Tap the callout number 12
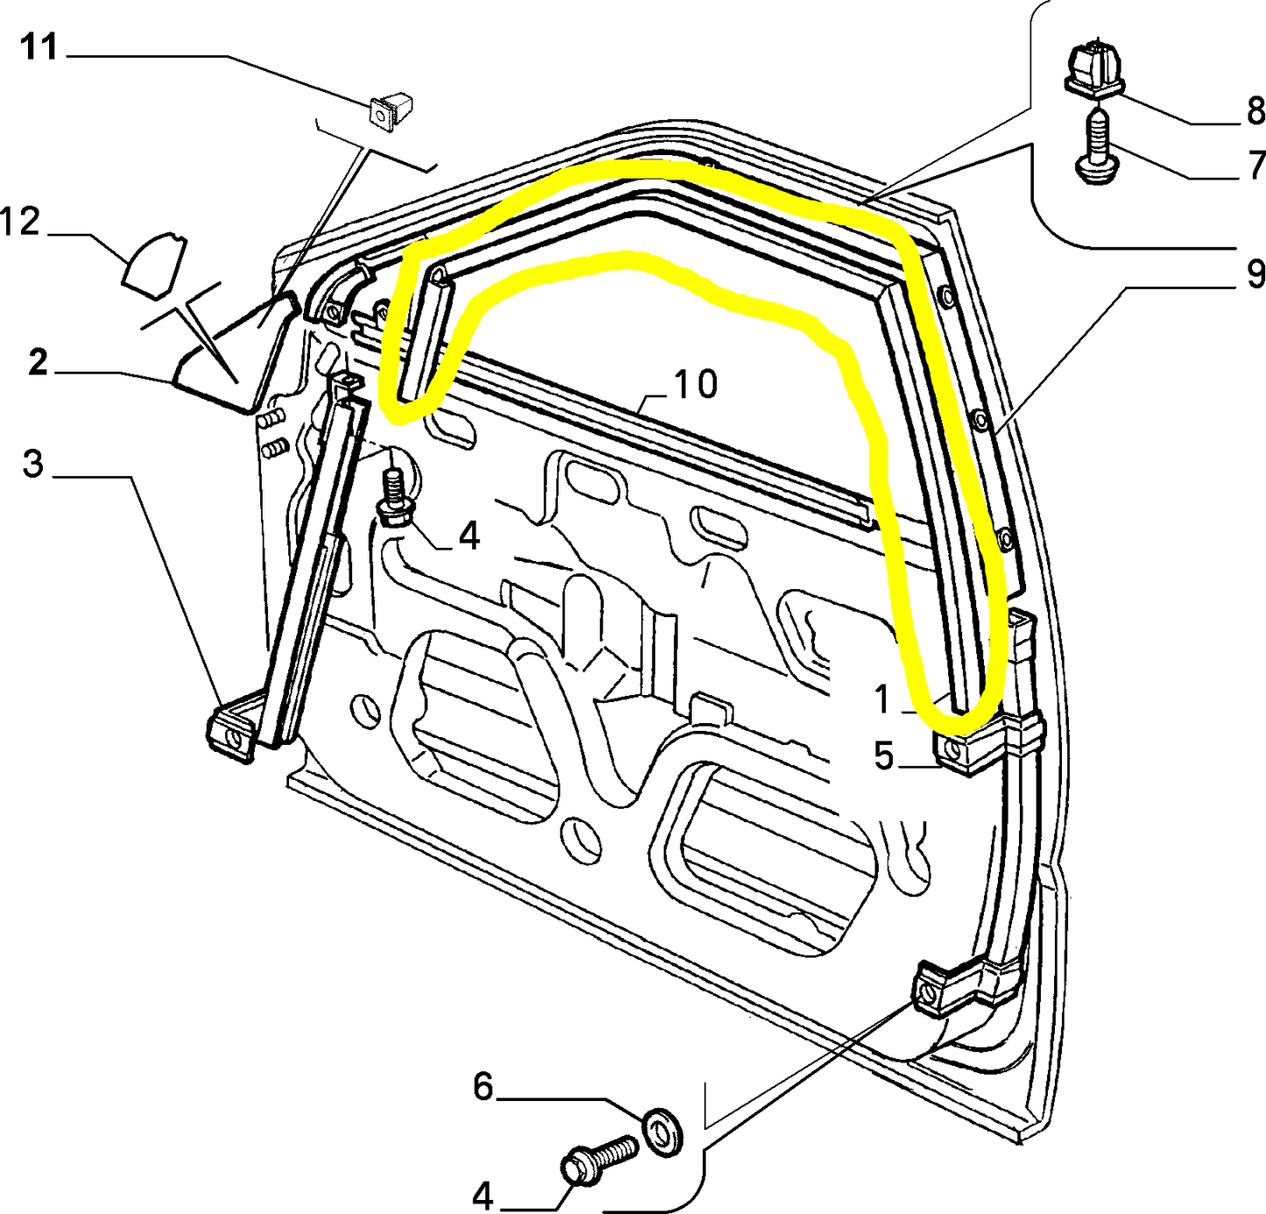click(x=20, y=222)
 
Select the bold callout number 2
click(x=37, y=362)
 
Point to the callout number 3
click(x=32, y=464)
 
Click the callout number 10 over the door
click(x=696, y=384)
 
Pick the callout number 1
click(x=882, y=699)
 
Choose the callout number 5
click(x=883, y=755)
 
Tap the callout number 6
click(x=484, y=1087)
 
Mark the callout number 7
click(x=1255, y=165)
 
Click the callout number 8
click(x=1255, y=111)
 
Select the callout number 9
click(x=1255, y=274)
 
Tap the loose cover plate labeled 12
click(x=154, y=260)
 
